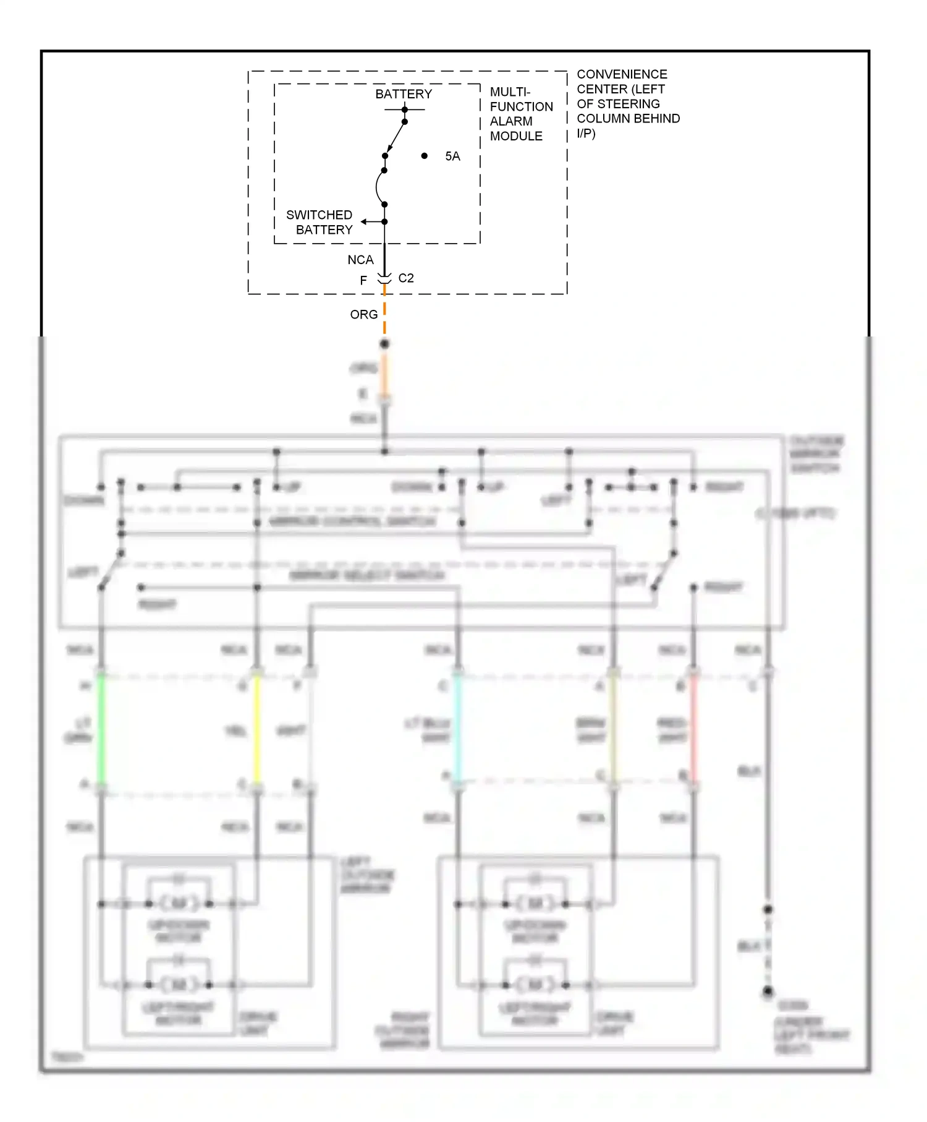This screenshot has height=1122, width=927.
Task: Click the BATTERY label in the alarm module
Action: click(404, 94)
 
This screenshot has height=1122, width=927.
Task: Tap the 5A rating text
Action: click(452, 156)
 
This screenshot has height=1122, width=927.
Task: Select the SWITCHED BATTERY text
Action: click(320, 222)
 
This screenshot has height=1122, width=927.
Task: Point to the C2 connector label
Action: click(406, 278)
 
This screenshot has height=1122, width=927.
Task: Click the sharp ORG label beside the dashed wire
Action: click(363, 315)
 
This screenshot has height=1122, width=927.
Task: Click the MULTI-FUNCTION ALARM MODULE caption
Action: click(520, 114)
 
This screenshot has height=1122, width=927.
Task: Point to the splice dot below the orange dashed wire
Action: click(384, 344)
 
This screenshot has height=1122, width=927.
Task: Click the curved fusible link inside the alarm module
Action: click(378, 187)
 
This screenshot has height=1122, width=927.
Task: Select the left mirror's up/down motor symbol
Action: click(179, 904)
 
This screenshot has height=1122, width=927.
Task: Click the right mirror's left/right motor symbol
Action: click(535, 984)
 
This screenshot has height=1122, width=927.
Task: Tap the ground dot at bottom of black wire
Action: click(768, 991)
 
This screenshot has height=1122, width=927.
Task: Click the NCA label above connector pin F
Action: click(360, 260)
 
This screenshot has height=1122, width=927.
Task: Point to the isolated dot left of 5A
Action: click(425, 156)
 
